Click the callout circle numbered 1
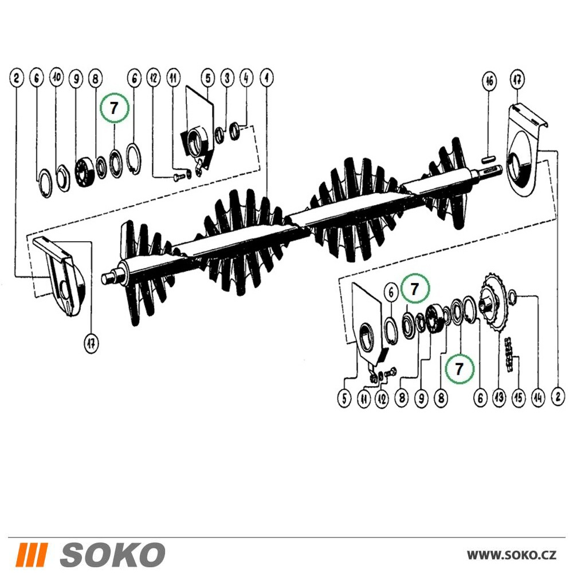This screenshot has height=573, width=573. coord(266,78)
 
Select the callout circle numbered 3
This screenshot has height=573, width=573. coord(227,78)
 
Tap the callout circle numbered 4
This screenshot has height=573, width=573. coord(246,78)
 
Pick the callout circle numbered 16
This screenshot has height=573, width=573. coord(489,81)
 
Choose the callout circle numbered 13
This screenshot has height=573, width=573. coord(499,397)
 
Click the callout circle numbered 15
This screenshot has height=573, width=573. coord(519,397)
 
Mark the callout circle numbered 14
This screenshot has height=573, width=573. coord(538,397)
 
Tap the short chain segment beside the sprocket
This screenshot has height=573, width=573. coord(510,355)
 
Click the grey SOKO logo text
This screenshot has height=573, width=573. coord(112,554)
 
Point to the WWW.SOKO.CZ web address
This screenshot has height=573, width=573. coord(512,555)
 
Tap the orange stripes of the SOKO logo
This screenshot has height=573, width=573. coord(32,554)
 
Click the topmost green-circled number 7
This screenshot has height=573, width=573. coord(115,108)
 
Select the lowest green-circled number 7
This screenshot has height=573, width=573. coord(460,368)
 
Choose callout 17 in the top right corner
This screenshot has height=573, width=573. coord(517,79)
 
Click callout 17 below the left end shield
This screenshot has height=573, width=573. coord(91,343)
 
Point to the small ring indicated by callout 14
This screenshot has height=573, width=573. coord(512,295)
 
